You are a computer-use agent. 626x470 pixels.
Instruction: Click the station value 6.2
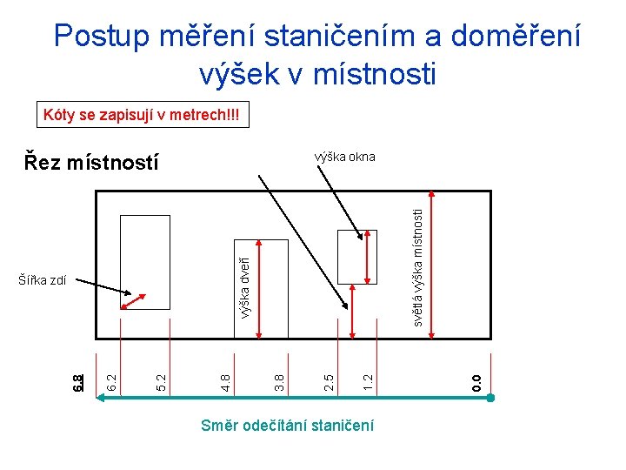click(111, 380)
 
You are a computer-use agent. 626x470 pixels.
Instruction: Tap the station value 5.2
click(160, 380)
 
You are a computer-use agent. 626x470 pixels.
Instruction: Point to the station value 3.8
click(279, 380)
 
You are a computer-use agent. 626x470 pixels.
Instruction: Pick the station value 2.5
click(328, 380)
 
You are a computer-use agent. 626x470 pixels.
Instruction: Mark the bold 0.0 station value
click(476, 380)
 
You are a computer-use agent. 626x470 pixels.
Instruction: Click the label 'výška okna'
click(344, 157)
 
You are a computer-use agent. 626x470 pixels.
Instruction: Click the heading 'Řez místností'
click(92, 162)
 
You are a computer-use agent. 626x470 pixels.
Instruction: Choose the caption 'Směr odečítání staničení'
click(287, 426)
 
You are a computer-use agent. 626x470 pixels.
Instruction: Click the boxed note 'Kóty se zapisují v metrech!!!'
click(141, 115)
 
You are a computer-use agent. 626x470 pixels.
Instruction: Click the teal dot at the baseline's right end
click(490, 398)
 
